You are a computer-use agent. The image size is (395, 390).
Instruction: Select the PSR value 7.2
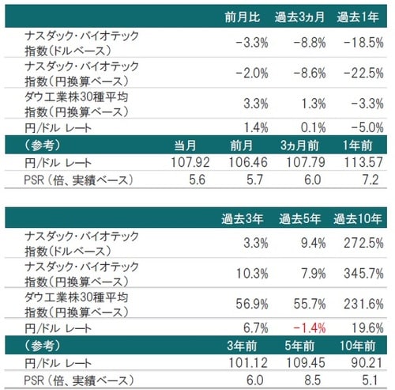point(371,180)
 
